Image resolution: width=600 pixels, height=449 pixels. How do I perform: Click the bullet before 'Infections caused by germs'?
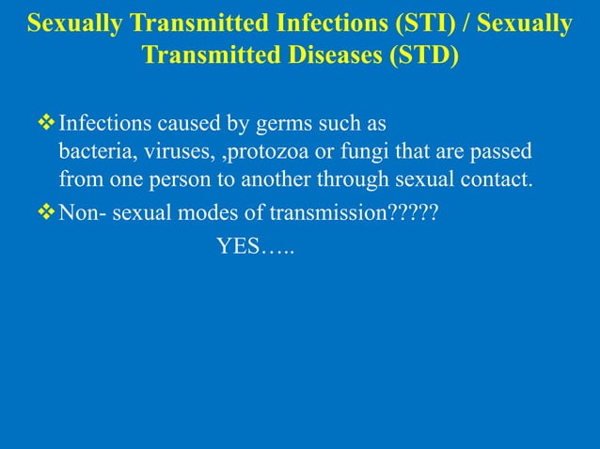pos(46,123)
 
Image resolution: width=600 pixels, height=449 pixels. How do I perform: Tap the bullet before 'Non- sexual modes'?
pos(46,212)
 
